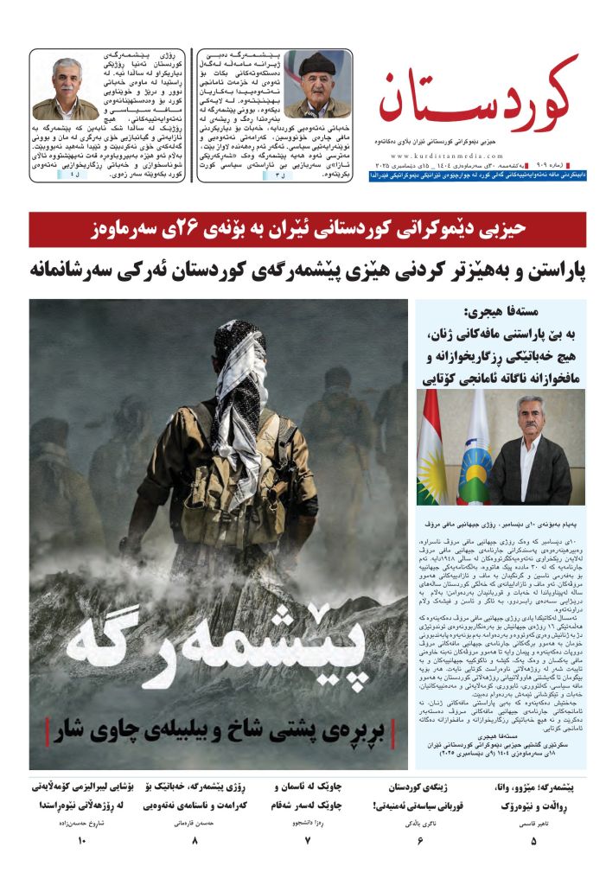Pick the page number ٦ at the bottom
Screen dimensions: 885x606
click(421, 840)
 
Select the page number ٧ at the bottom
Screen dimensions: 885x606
click(307, 840)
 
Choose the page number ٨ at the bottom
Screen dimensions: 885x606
click(195, 840)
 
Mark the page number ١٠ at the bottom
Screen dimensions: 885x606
click(82, 840)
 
